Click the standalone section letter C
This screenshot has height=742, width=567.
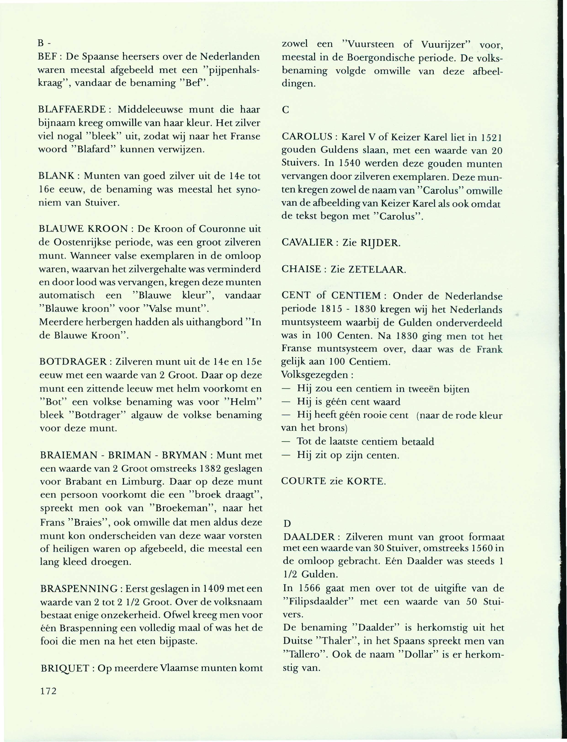285,110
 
